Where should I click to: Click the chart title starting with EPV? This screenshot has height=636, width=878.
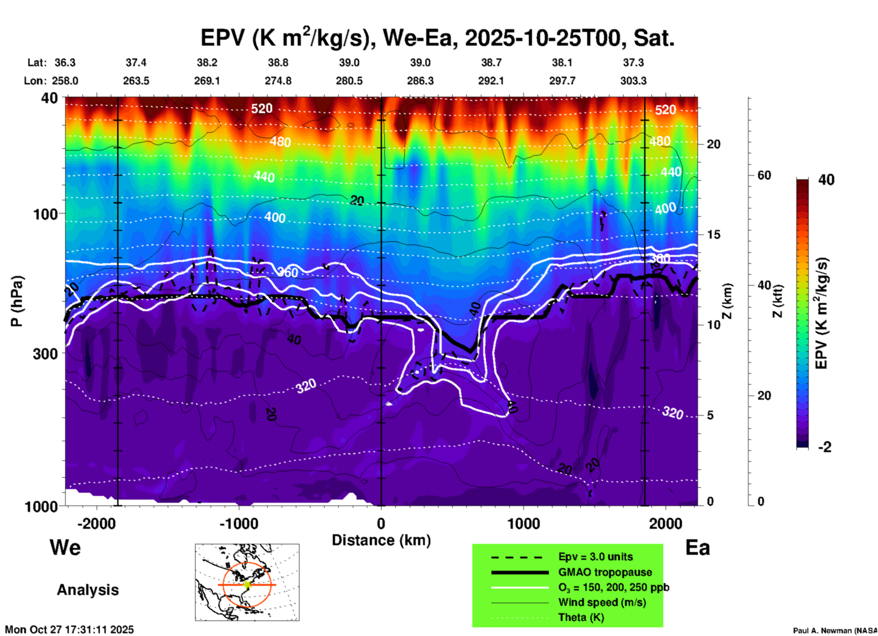pyautogui.click(x=437, y=38)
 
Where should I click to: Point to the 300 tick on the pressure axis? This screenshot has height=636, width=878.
pyautogui.click(x=46, y=354)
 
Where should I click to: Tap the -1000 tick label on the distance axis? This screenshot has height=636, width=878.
pyautogui.click(x=238, y=524)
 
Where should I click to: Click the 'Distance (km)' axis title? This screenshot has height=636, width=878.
pyautogui.click(x=381, y=540)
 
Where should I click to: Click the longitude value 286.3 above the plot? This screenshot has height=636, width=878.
pyautogui.click(x=420, y=81)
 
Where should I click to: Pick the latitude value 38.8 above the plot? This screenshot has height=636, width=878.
pyautogui.click(x=278, y=63)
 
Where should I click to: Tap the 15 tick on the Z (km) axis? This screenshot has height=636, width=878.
pyautogui.click(x=713, y=235)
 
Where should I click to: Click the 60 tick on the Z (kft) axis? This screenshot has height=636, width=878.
pyautogui.click(x=764, y=176)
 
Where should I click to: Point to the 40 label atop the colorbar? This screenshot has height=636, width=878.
pyautogui.click(x=826, y=180)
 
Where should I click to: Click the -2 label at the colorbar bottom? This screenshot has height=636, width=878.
pyautogui.click(x=825, y=447)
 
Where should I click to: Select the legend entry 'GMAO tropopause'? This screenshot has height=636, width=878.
pyautogui.click(x=605, y=572)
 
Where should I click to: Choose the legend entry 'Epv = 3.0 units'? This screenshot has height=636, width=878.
pyautogui.click(x=595, y=557)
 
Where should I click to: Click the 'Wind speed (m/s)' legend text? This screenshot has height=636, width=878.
pyautogui.click(x=602, y=602)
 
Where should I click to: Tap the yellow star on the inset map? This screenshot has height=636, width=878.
pyautogui.click(x=247, y=584)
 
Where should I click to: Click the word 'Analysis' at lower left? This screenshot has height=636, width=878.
pyautogui.click(x=88, y=590)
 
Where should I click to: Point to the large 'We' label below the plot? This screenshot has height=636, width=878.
pyautogui.click(x=65, y=547)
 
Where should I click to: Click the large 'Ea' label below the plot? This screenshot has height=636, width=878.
pyautogui.click(x=697, y=548)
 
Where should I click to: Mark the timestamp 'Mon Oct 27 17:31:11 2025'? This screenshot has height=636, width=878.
pyautogui.click(x=69, y=630)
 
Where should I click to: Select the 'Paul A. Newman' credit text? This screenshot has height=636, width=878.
pyautogui.click(x=834, y=631)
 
